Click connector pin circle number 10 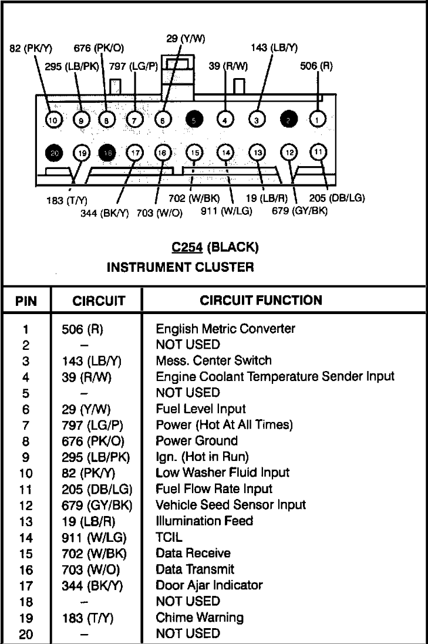pos(53,120)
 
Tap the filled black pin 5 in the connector pos(194,120)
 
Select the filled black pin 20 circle pos(54,153)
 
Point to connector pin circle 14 pos(226,153)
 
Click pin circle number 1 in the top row pos(317,119)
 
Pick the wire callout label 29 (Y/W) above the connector pos(186,39)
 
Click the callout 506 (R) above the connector pos(316,66)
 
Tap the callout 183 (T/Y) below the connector pos(66,200)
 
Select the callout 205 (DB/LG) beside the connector pos(337,198)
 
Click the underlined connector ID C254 pos(187,247)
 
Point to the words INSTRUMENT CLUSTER pos(180,267)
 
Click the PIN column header pos(26,301)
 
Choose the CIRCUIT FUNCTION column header pos(261,300)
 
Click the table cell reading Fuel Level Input pos(200,409)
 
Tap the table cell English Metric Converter pos(225,329)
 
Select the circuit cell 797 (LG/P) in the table pos(92,425)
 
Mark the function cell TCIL pos(169,537)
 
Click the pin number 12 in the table pos(26,505)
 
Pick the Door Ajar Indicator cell pos(209,585)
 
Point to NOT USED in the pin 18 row pos(188,601)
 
